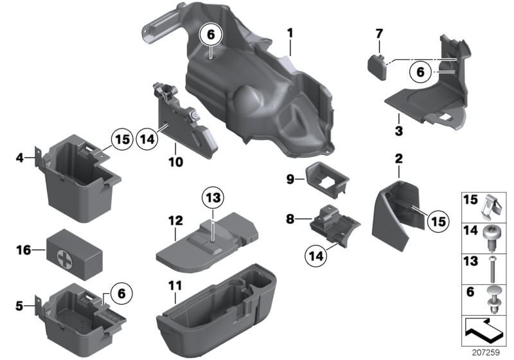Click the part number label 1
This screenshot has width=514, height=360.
click(x=290, y=32)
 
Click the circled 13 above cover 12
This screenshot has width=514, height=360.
click(x=213, y=196)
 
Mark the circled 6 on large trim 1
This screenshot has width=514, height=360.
click(x=212, y=37)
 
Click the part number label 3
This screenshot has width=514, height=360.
click(x=398, y=132)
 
